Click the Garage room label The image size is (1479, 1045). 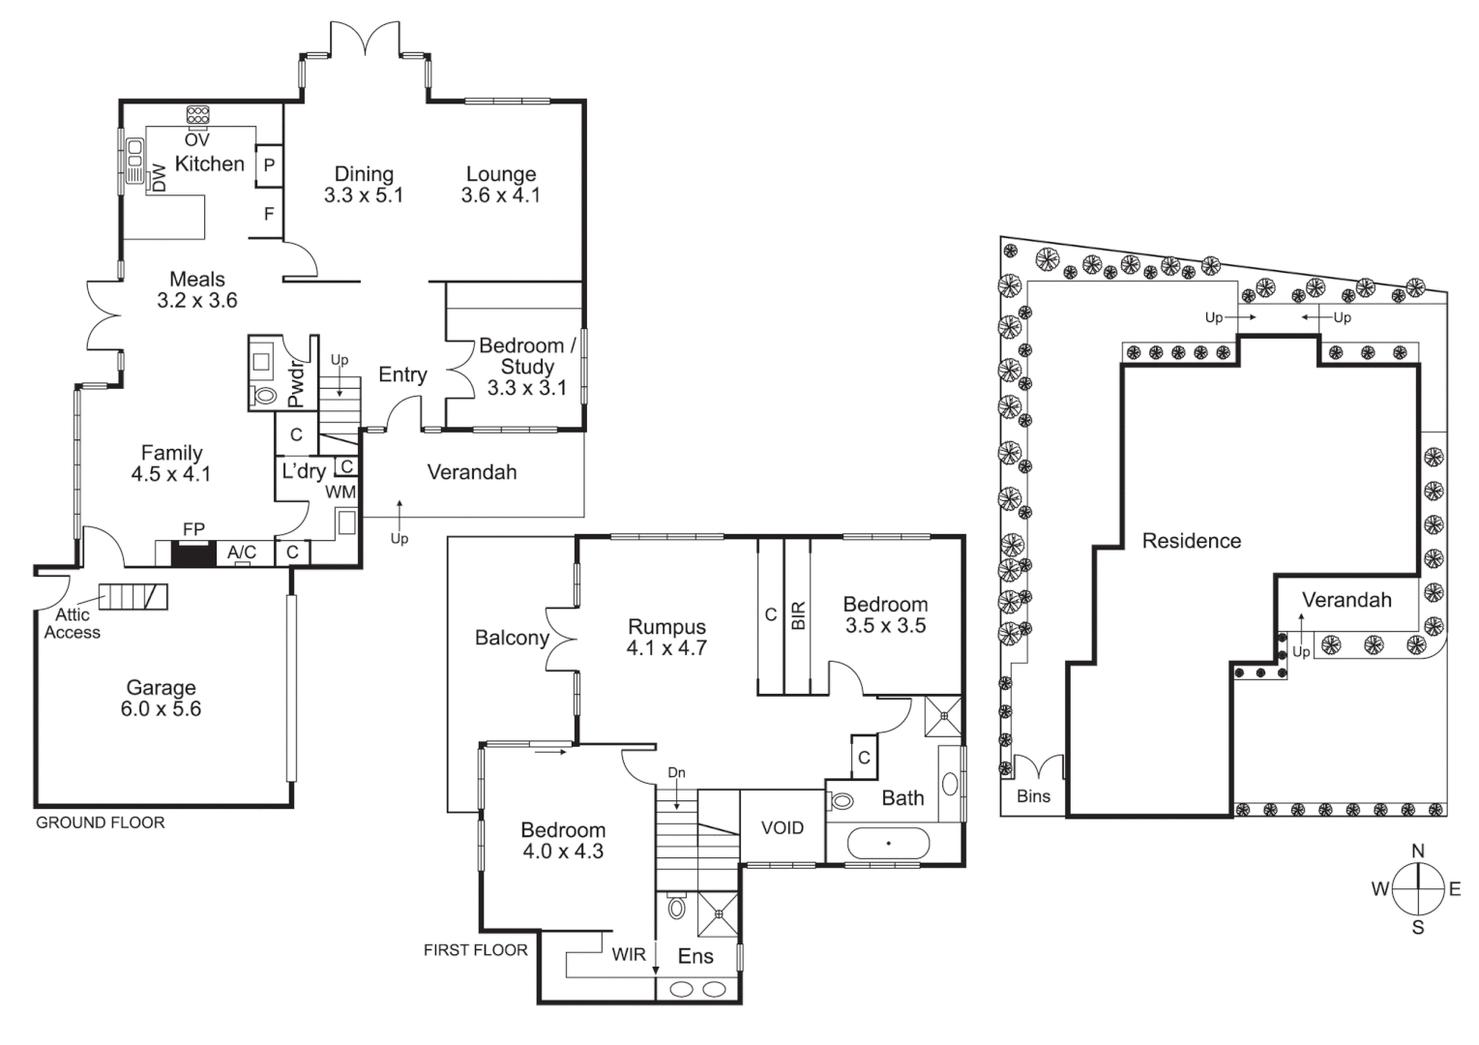click(x=161, y=688)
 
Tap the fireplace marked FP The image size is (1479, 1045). click(x=192, y=553)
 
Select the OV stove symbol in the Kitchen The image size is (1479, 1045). click(x=197, y=115)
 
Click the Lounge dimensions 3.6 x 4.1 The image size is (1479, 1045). click(x=500, y=195)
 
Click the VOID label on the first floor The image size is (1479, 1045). click(x=782, y=828)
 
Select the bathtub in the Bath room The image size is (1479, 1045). click(x=888, y=843)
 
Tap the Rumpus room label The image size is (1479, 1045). click(x=666, y=627)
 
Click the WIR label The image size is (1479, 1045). click(x=628, y=955)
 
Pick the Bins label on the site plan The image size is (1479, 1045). click(x=1033, y=797)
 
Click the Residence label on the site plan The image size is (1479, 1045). click(x=1191, y=541)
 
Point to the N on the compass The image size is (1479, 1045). click(x=1417, y=851)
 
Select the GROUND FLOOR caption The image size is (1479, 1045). click(x=101, y=822)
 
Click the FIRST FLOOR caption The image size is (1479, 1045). click(x=475, y=950)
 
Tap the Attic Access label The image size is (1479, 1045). click(x=72, y=623)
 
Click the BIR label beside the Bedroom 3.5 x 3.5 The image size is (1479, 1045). click(x=798, y=615)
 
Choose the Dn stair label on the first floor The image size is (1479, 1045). click(x=676, y=772)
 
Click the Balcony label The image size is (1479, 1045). click(x=511, y=638)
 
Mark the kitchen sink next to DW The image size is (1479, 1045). click(x=134, y=161)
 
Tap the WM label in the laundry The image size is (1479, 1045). click(x=340, y=492)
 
